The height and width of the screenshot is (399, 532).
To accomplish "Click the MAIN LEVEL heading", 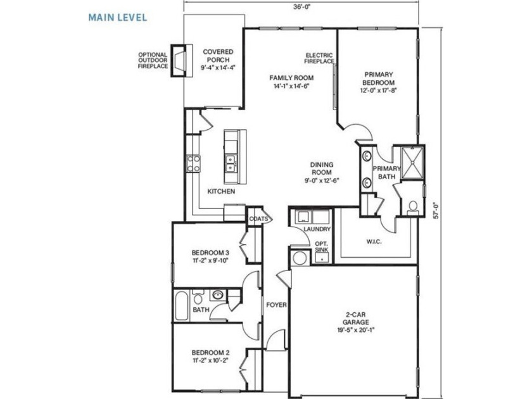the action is point(118,17).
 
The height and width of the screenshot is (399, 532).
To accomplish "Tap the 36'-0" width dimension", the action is point(302,7).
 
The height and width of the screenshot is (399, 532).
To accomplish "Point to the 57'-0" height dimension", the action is point(436,210).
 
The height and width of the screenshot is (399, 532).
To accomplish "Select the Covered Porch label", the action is point(218,56).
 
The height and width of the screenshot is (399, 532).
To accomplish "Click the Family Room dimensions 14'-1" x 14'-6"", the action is point(291,86).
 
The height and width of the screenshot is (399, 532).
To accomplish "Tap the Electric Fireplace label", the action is point(319,58).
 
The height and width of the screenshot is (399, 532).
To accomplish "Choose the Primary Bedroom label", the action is point(378,79).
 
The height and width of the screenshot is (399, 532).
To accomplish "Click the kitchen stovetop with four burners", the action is point(193,163).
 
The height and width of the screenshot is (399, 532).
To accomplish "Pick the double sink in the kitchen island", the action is point(231,163).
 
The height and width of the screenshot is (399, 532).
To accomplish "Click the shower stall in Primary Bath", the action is point(412,163).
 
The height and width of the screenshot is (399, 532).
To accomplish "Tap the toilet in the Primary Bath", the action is point(413,208).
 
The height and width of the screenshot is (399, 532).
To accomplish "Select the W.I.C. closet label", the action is point(374,242).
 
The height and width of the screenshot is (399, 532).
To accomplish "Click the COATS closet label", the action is point(258,219).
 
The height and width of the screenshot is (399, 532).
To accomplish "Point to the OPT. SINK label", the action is point(321,246).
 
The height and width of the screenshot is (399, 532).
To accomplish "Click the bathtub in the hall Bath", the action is point(182,306).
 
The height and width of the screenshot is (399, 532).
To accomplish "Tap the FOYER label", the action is point(276,305).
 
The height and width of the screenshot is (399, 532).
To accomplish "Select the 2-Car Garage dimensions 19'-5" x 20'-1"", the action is point(355,329).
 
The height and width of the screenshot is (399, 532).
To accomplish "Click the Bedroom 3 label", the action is point(210,253).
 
